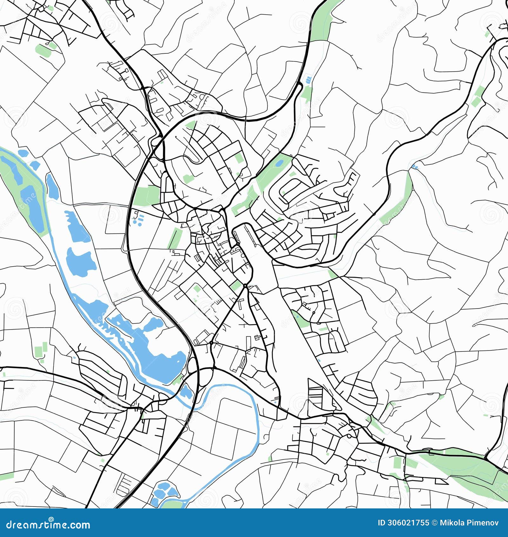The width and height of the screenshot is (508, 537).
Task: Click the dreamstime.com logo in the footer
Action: pyautogui.click(x=48, y=524)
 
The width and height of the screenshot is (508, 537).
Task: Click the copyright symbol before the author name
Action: pyautogui.click(x=434, y=523)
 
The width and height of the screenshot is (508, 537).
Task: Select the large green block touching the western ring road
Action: pyautogui.click(x=147, y=195)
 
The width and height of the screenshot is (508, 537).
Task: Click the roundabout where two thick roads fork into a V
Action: pyautogui.click(x=245, y=286)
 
